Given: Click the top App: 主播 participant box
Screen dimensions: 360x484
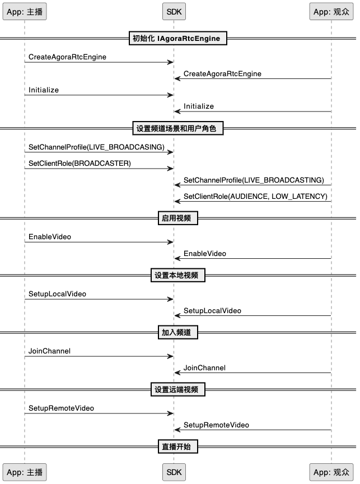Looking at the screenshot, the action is pos(25,12).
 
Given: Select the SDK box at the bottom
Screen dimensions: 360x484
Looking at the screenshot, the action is pos(174,472).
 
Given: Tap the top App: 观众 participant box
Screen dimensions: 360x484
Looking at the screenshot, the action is pos(331,12).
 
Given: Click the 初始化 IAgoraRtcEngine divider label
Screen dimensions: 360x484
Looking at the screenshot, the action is pos(177,38).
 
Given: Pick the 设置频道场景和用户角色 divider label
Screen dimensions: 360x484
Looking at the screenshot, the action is pos(177,128).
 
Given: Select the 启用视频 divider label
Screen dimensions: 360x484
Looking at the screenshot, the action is pos(177,218).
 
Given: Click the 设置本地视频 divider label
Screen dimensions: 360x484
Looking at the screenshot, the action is pos(177,276).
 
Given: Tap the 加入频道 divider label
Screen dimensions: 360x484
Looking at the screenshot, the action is pos(177,332).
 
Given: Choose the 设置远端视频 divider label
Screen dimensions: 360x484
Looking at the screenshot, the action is pos(177,389).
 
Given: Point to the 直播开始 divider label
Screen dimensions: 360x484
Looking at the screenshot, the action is pos(177,446).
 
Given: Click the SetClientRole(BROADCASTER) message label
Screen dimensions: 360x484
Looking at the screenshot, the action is pos(80,163).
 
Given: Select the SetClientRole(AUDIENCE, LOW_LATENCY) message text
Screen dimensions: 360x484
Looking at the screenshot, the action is pos(255,196).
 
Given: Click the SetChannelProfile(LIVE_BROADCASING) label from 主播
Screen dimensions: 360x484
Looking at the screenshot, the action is pos(96,147).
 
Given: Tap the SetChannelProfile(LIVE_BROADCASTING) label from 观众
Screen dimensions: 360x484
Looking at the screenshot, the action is pos(254,180).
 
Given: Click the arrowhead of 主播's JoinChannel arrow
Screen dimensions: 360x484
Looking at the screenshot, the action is pos(171,356).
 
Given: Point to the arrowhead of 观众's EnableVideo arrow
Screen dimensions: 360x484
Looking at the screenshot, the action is pos(177,258).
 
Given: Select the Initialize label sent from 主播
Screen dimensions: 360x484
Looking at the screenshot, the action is pos(44,90).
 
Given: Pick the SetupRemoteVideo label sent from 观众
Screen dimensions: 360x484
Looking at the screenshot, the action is pos(216,425).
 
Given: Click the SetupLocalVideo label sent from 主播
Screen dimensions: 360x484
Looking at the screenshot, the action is pos(57,294).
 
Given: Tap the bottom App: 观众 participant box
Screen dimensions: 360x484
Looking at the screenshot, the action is pos(331,472).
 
